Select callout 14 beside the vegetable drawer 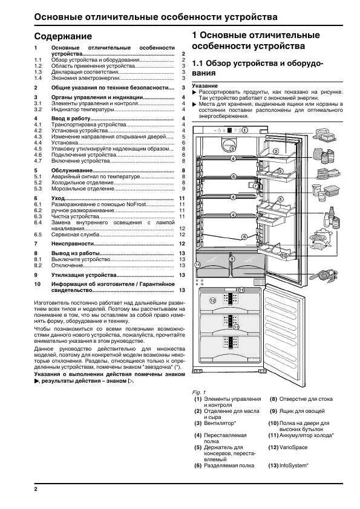(x=197, y=265)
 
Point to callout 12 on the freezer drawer (x=212, y=300)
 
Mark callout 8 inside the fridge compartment (x=244, y=236)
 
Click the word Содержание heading (x=63, y=36)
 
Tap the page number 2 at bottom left (x=36, y=488)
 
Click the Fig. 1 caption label (x=199, y=392)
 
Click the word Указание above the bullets (x=205, y=86)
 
